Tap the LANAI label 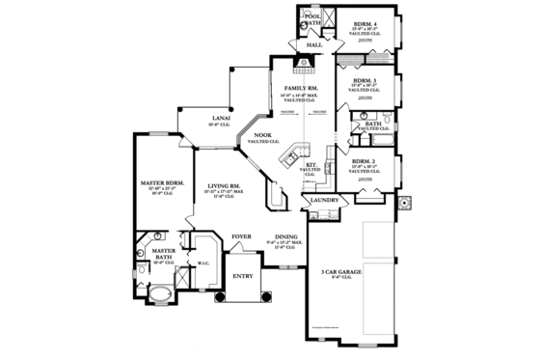coord(221,118)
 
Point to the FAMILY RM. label coord(295,89)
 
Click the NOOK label coord(261,136)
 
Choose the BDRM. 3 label coord(364,80)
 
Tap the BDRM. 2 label coord(364,160)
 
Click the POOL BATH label coord(313,20)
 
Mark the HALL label coord(313,45)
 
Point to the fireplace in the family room coord(306,65)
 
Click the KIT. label coord(310,165)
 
